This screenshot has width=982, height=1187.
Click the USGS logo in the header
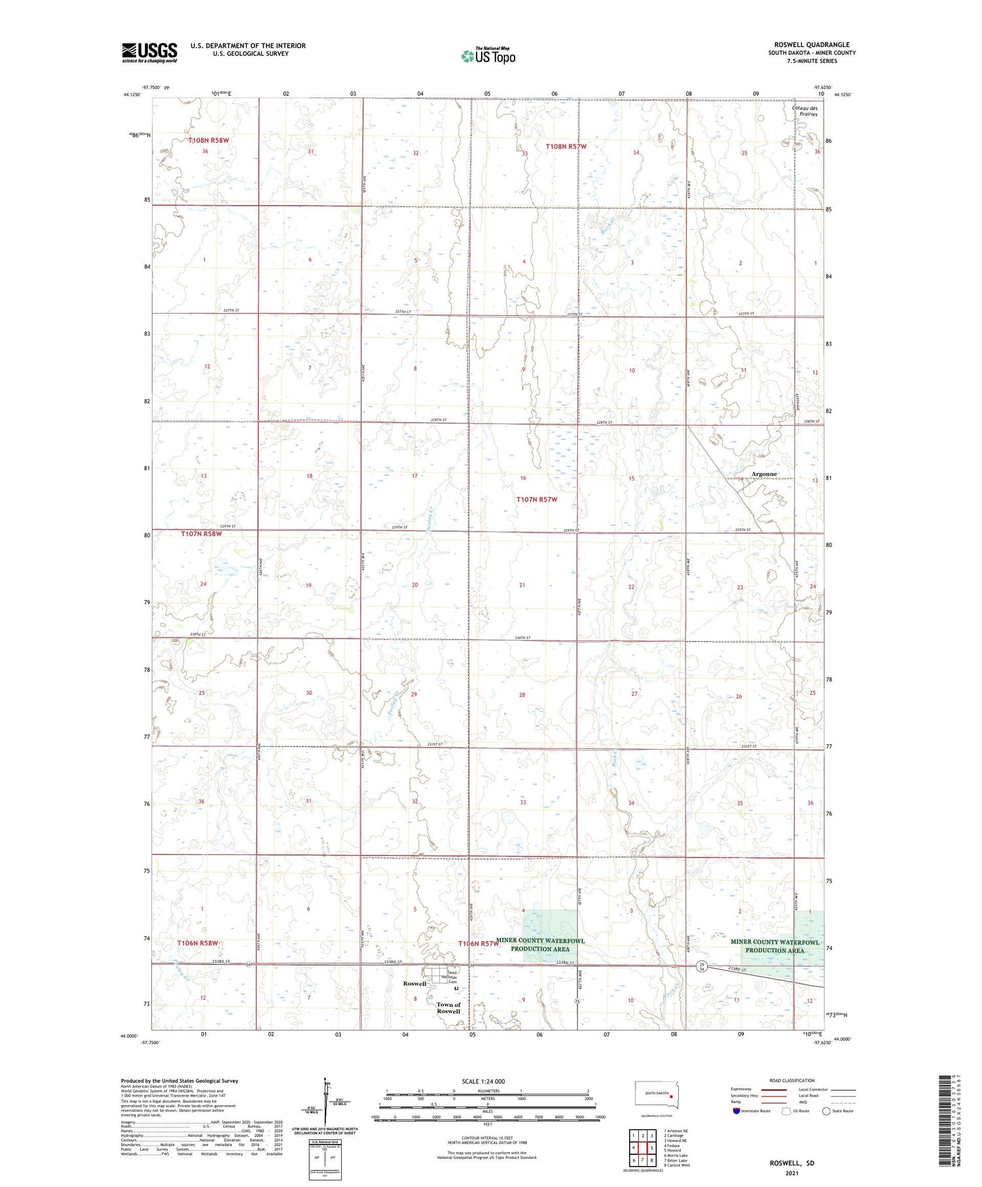(149, 52)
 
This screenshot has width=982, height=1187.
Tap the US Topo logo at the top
(488, 56)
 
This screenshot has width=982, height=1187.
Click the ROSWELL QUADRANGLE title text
(812, 45)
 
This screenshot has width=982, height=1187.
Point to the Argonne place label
(764, 474)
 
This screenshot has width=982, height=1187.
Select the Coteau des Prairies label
(805, 111)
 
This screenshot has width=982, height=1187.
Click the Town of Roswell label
(448, 1008)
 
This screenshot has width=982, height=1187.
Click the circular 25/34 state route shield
(701, 966)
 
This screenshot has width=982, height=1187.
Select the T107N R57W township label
(537, 500)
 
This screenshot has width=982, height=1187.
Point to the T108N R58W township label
(209, 140)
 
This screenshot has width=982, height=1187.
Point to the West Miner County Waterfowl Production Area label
(541, 945)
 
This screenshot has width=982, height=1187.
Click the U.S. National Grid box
(325, 1158)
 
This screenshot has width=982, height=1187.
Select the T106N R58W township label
(197, 943)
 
